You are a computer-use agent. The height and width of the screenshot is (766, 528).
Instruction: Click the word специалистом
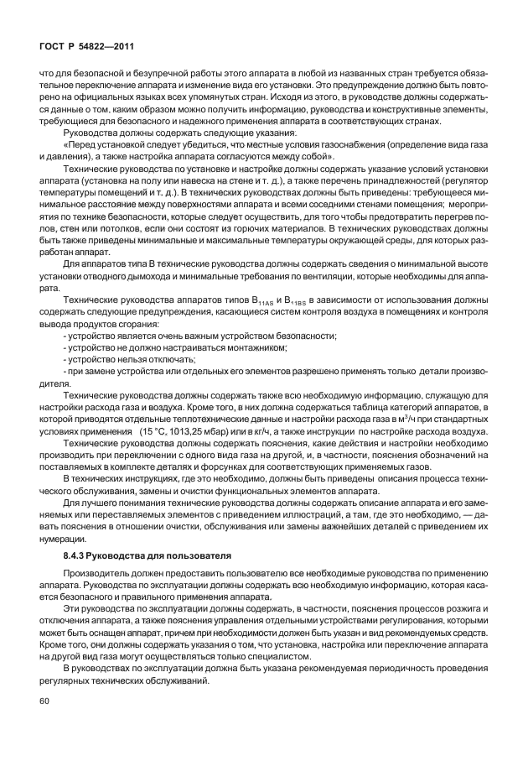pyautogui.click(x=283, y=654)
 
